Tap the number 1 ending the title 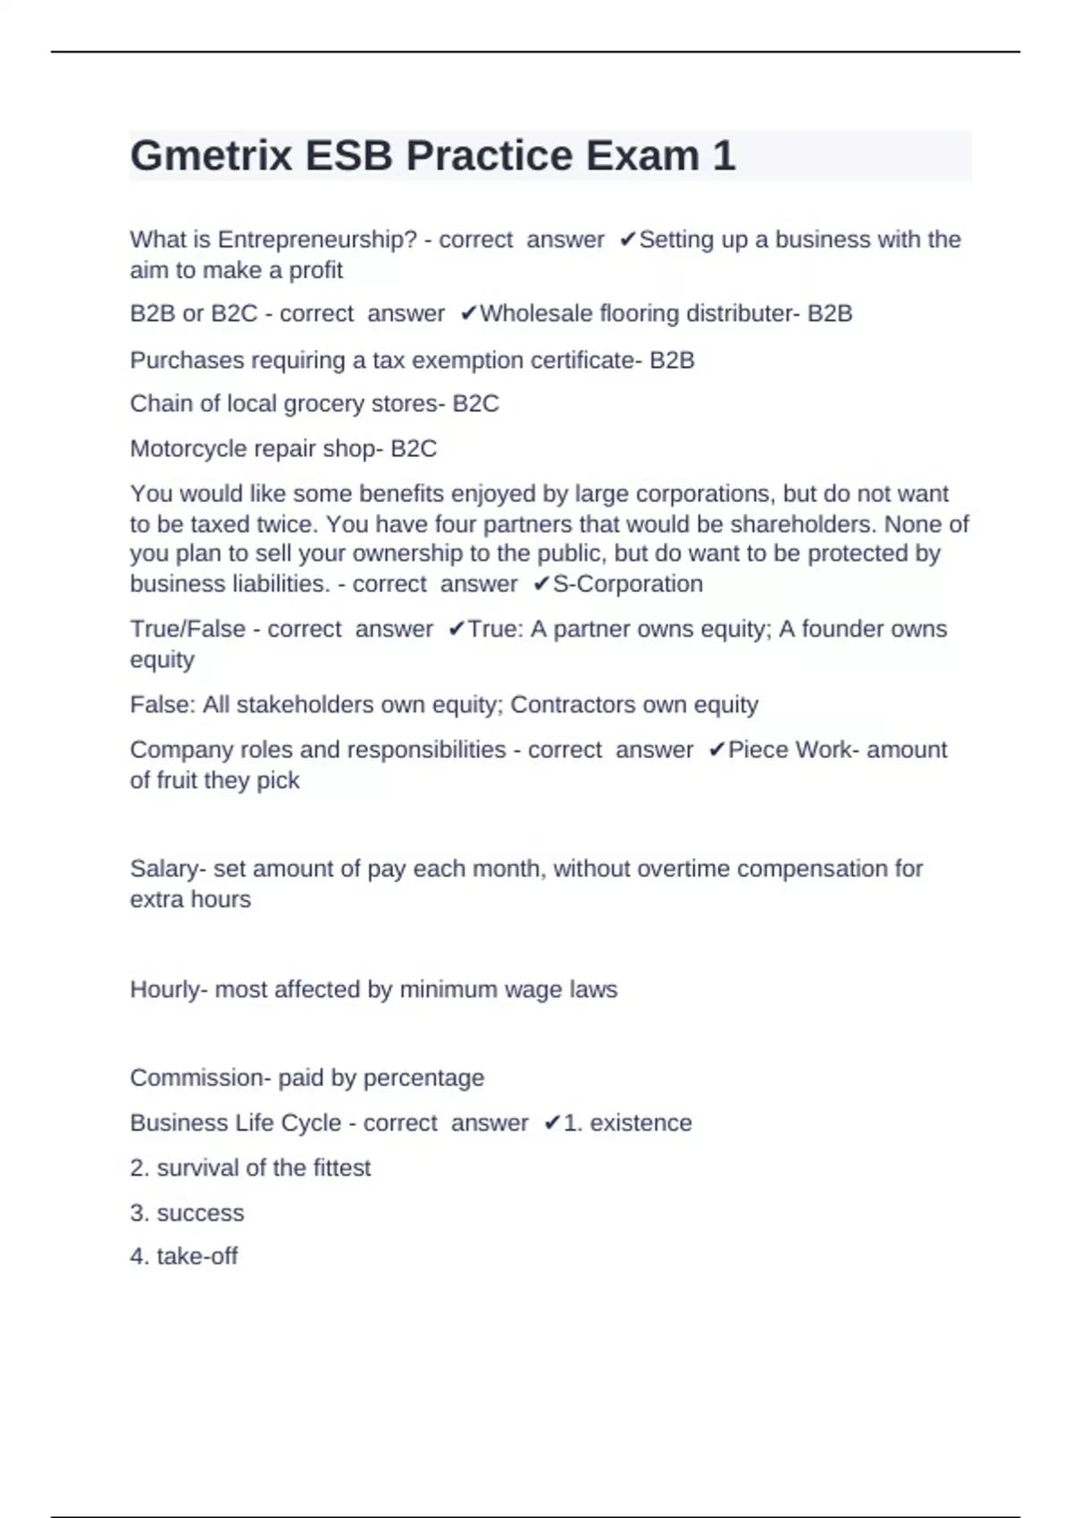[x=724, y=156]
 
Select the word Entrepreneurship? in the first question [x=317, y=240]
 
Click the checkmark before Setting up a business [x=628, y=240]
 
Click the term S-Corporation [x=628, y=585]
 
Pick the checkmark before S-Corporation [x=541, y=585]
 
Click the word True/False [x=188, y=630]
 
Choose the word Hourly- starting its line [x=169, y=990]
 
